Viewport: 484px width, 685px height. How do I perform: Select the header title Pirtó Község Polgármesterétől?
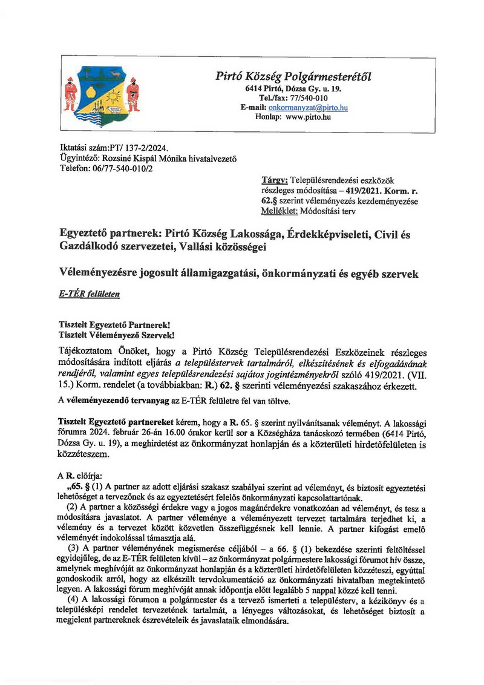pos(293,77)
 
